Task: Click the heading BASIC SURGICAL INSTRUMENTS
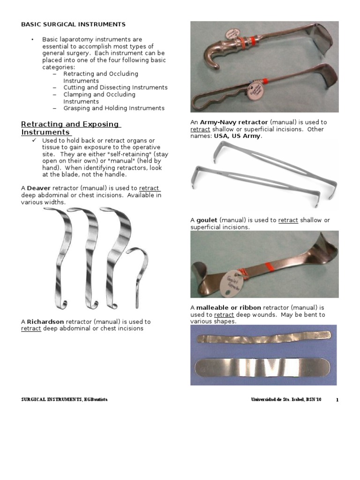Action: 74,24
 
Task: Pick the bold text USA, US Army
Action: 237,136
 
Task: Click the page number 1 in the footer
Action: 337,400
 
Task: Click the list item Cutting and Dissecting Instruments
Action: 115,88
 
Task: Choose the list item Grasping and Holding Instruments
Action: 114,108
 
